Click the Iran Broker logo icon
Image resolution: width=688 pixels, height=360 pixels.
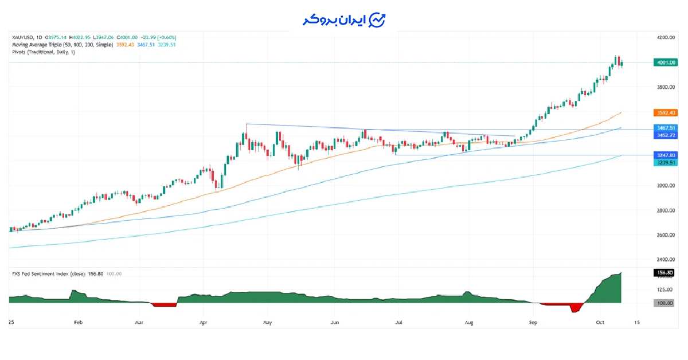click(x=377, y=20)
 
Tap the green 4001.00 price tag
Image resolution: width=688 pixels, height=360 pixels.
click(x=664, y=62)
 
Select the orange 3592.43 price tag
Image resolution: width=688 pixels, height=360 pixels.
click(x=664, y=112)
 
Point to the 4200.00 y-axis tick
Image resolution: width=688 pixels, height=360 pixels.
click(x=666, y=38)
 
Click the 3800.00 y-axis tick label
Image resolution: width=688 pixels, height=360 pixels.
click(x=666, y=87)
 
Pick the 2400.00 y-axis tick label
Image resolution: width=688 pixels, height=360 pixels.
click(x=666, y=260)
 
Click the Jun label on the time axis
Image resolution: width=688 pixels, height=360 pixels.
click(x=335, y=323)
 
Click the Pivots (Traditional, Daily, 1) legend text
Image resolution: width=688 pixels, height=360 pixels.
click(x=44, y=52)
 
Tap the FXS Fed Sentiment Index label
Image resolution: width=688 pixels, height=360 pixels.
click(x=48, y=274)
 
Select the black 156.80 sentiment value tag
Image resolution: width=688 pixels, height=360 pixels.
click(x=664, y=273)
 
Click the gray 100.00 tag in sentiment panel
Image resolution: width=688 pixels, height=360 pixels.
click(x=664, y=303)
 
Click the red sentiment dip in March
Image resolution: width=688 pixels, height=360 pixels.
click(x=164, y=304)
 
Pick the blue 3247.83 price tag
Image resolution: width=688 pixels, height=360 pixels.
click(x=664, y=155)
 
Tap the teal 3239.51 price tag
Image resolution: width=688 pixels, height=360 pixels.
click(x=664, y=162)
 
